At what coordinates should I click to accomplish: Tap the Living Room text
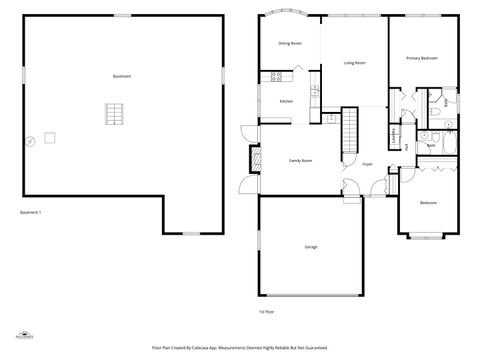pyautogui.click(x=354, y=63)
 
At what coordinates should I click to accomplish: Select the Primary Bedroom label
pyautogui.click(x=420, y=58)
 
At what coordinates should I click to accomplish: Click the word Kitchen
pyautogui.click(x=285, y=101)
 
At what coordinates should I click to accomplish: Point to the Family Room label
pyautogui.click(x=300, y=160)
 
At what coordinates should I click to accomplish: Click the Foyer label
pyautogui.click(x=367, y=164)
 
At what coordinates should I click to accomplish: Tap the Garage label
pyautogui.click(x=311, y=246)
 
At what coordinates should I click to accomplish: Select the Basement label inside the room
pyautogui.click(x=122, y=76)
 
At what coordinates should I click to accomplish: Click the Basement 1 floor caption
pyautogui.click(x=31, y=213)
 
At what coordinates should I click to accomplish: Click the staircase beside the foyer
pyautogui.click(x=349, y=130)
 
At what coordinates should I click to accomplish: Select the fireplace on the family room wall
pyautogui.click(x=253, y=159)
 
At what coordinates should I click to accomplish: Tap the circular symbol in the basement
pyautogui.click(x=31, y=141)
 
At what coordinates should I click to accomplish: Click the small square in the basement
pyautogui.click(x=47, y=136)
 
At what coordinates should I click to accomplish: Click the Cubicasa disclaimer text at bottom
pyautogui.click(x=240, y=347)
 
